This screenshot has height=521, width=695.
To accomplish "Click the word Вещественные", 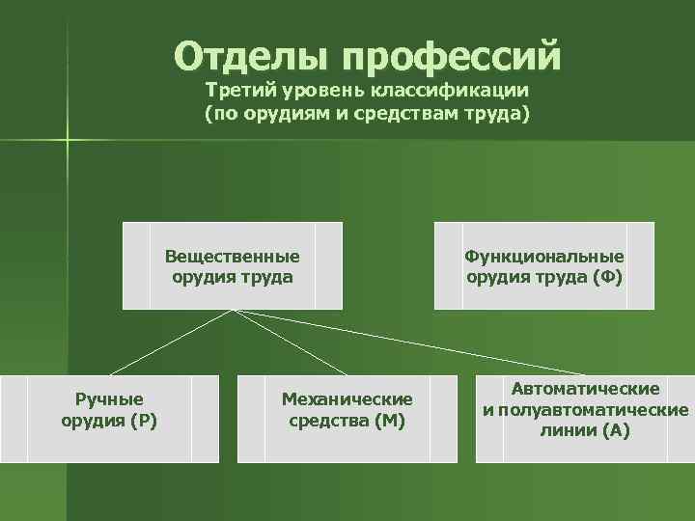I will (x=232, y=257).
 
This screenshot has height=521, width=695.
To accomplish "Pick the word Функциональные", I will (x=544, y=257).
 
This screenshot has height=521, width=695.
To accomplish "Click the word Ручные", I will (x=109, y=398).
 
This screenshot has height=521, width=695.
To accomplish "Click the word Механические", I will (x=347, y=398).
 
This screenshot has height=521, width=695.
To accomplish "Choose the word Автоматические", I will (x=586, y=388).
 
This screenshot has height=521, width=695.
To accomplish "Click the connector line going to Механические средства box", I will (x=290, y=343).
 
